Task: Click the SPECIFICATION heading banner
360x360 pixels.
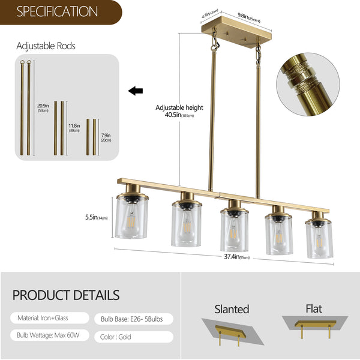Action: tap(57, 11)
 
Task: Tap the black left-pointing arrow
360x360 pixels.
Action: tap(136, 91)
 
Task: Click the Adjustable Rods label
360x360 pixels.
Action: tap(46, 46)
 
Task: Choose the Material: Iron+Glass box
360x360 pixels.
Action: tap(49, 318)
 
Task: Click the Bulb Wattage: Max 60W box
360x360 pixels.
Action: tap(49, 336)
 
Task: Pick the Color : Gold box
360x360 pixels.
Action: tap(133, 337)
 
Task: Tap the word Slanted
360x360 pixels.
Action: tap(232, 310)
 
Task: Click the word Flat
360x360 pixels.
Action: tap(313, 309)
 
